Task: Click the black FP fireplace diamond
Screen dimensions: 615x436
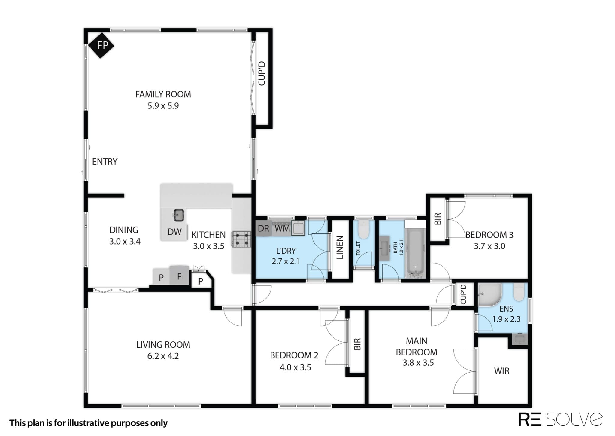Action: pyautogui.click(x=101, y=45)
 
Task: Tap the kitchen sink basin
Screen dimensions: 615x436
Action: pyautogui.click(x=178, y=215)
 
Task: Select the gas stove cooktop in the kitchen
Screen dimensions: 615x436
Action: pyautogui.click(x=241, y=239)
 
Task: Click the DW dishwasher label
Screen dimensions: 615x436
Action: pyautogui.click(x=174, y=232)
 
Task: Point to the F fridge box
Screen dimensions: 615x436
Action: pyautogui.click(x=179, y=275)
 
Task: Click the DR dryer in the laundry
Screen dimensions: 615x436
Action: pyautogui.click(x=263, y=228)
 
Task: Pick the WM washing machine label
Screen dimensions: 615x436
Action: pyautogui.click(x=282, y=228)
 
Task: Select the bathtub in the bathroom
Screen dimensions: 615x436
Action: pyautogui.click(x=415, y=253)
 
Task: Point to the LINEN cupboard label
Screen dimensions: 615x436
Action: pyautogui.click(x=340, y=248)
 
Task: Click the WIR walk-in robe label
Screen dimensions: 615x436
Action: pyautogui.click(x=502, y=371)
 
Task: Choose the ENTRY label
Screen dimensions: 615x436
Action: pyautogui.click(x=105, y=162)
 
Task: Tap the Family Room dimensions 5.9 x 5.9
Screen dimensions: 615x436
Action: pyautogui.click(x=163, y=106)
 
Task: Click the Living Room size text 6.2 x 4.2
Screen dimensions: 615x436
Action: pyautogui.click(x=163, y=356)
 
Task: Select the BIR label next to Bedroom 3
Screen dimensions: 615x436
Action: pyautogui.click(x=438, y=219)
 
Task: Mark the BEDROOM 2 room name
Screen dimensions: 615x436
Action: pyautogui.click(x=294, y=355)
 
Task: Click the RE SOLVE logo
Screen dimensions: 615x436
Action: pyautogui.click(x=560, y=419)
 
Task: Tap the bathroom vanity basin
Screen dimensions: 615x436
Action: pyautogui.click(x=384, y=248)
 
